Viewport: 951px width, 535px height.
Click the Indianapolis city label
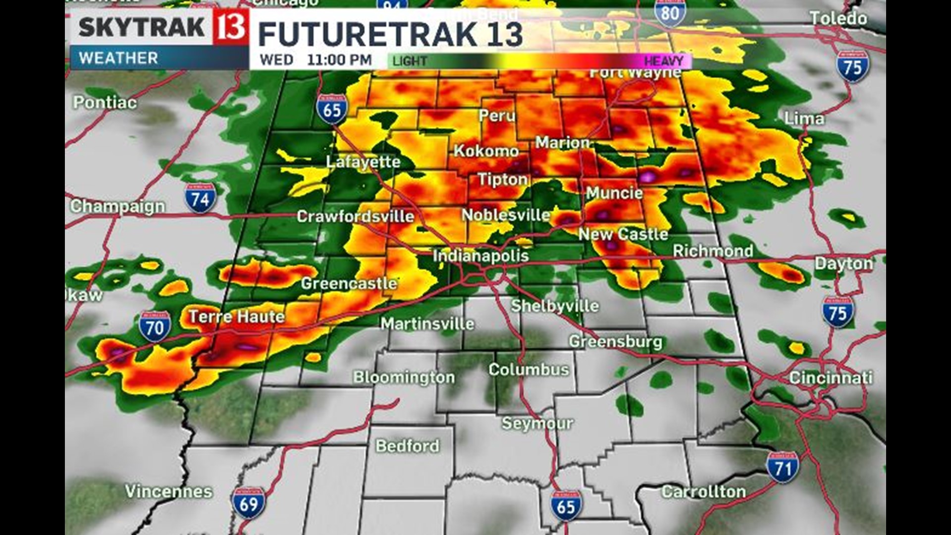(x=480, y=256)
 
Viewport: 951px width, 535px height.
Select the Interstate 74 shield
(x=200, y=198)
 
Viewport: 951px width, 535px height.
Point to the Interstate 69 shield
(x=248, y=503)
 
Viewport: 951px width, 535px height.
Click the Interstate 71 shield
(x=783, y=467)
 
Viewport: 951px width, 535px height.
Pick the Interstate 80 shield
(x=670, y=13)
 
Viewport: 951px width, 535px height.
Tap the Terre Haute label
(x=237, y=317)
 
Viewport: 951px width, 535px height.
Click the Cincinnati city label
(x=830, y=378)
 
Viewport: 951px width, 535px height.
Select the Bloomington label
(x=404, y=377)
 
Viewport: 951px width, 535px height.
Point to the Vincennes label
(x=168, y=491)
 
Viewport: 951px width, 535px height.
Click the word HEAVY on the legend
(x=663, y=61)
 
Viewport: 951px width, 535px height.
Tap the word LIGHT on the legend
(x=410, y=61)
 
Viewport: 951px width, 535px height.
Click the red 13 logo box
(x=231, y=27)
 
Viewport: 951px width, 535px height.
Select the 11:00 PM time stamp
(x=339, y=60)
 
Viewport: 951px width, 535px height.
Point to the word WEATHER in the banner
(x=118, y=58)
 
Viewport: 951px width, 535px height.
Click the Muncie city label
(x=614, y=193)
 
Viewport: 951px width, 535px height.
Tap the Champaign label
(x=117, y=207)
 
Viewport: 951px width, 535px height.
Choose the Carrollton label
(x=703, y=492)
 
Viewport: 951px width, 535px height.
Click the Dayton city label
(x=844, y=264)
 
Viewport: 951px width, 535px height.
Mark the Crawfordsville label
(x=355, y=216)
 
